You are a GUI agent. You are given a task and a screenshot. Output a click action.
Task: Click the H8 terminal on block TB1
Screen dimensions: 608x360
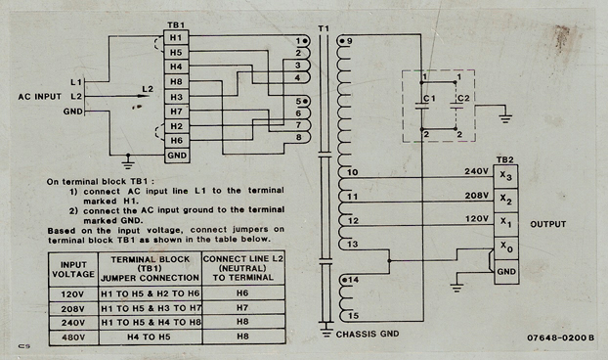point(176,82)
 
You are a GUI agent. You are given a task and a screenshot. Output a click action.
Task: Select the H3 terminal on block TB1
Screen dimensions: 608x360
point(176,97)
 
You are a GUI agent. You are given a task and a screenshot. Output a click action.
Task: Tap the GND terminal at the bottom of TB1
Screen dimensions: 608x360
point(177,156)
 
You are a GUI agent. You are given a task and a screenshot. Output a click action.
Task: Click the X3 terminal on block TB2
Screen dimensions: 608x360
point(505,176)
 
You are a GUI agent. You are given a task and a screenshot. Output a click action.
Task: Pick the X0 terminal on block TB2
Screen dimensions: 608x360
point(505,247)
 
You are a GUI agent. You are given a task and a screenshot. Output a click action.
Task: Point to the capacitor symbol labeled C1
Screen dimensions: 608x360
point(422,106)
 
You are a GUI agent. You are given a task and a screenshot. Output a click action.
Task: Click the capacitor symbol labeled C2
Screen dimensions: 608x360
point(456,106)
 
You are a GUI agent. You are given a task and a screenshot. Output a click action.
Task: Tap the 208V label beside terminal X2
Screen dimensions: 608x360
point(477,196)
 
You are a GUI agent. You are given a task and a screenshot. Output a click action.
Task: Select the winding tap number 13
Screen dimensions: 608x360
point(353,244)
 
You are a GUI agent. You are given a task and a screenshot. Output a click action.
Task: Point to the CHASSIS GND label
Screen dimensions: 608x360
point(368,334)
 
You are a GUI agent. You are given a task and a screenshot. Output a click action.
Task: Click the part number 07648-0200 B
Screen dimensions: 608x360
point(560,337)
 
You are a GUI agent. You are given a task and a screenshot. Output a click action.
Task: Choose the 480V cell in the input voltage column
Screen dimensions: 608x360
point(73,337)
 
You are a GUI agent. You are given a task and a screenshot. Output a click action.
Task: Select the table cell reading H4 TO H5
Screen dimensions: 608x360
point(149,337)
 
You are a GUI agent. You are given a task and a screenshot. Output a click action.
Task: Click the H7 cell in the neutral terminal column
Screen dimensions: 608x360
point(242,307)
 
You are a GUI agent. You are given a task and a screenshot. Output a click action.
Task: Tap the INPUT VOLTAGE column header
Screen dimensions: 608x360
point(73,269)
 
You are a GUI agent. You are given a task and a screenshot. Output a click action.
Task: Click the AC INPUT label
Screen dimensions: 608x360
point(39,97)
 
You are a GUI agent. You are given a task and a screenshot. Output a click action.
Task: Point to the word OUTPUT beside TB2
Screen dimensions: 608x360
point(548,224)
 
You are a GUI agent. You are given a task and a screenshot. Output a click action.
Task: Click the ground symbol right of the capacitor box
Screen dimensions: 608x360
point(504,118)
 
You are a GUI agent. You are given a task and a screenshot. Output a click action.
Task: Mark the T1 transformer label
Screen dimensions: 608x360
point(324,28)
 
